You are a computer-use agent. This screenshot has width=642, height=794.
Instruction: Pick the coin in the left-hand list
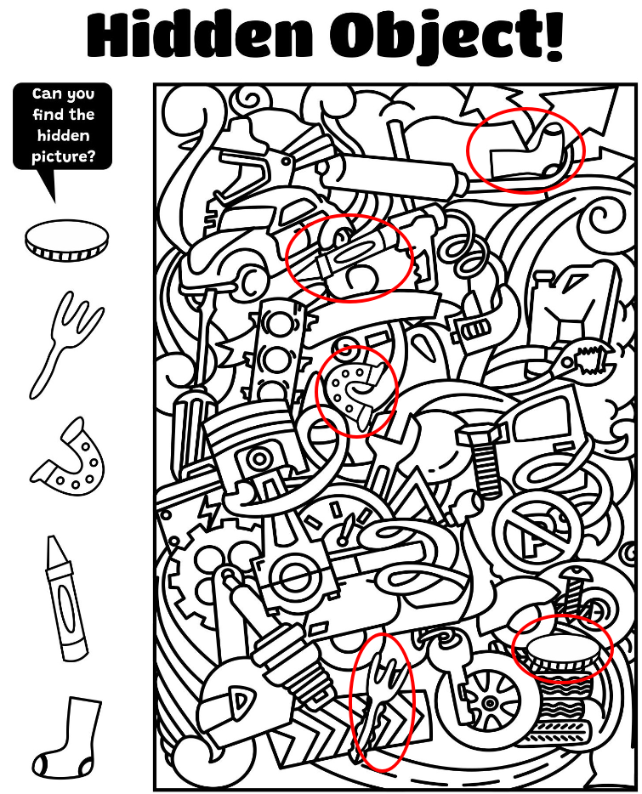click(x=66, y=241)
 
